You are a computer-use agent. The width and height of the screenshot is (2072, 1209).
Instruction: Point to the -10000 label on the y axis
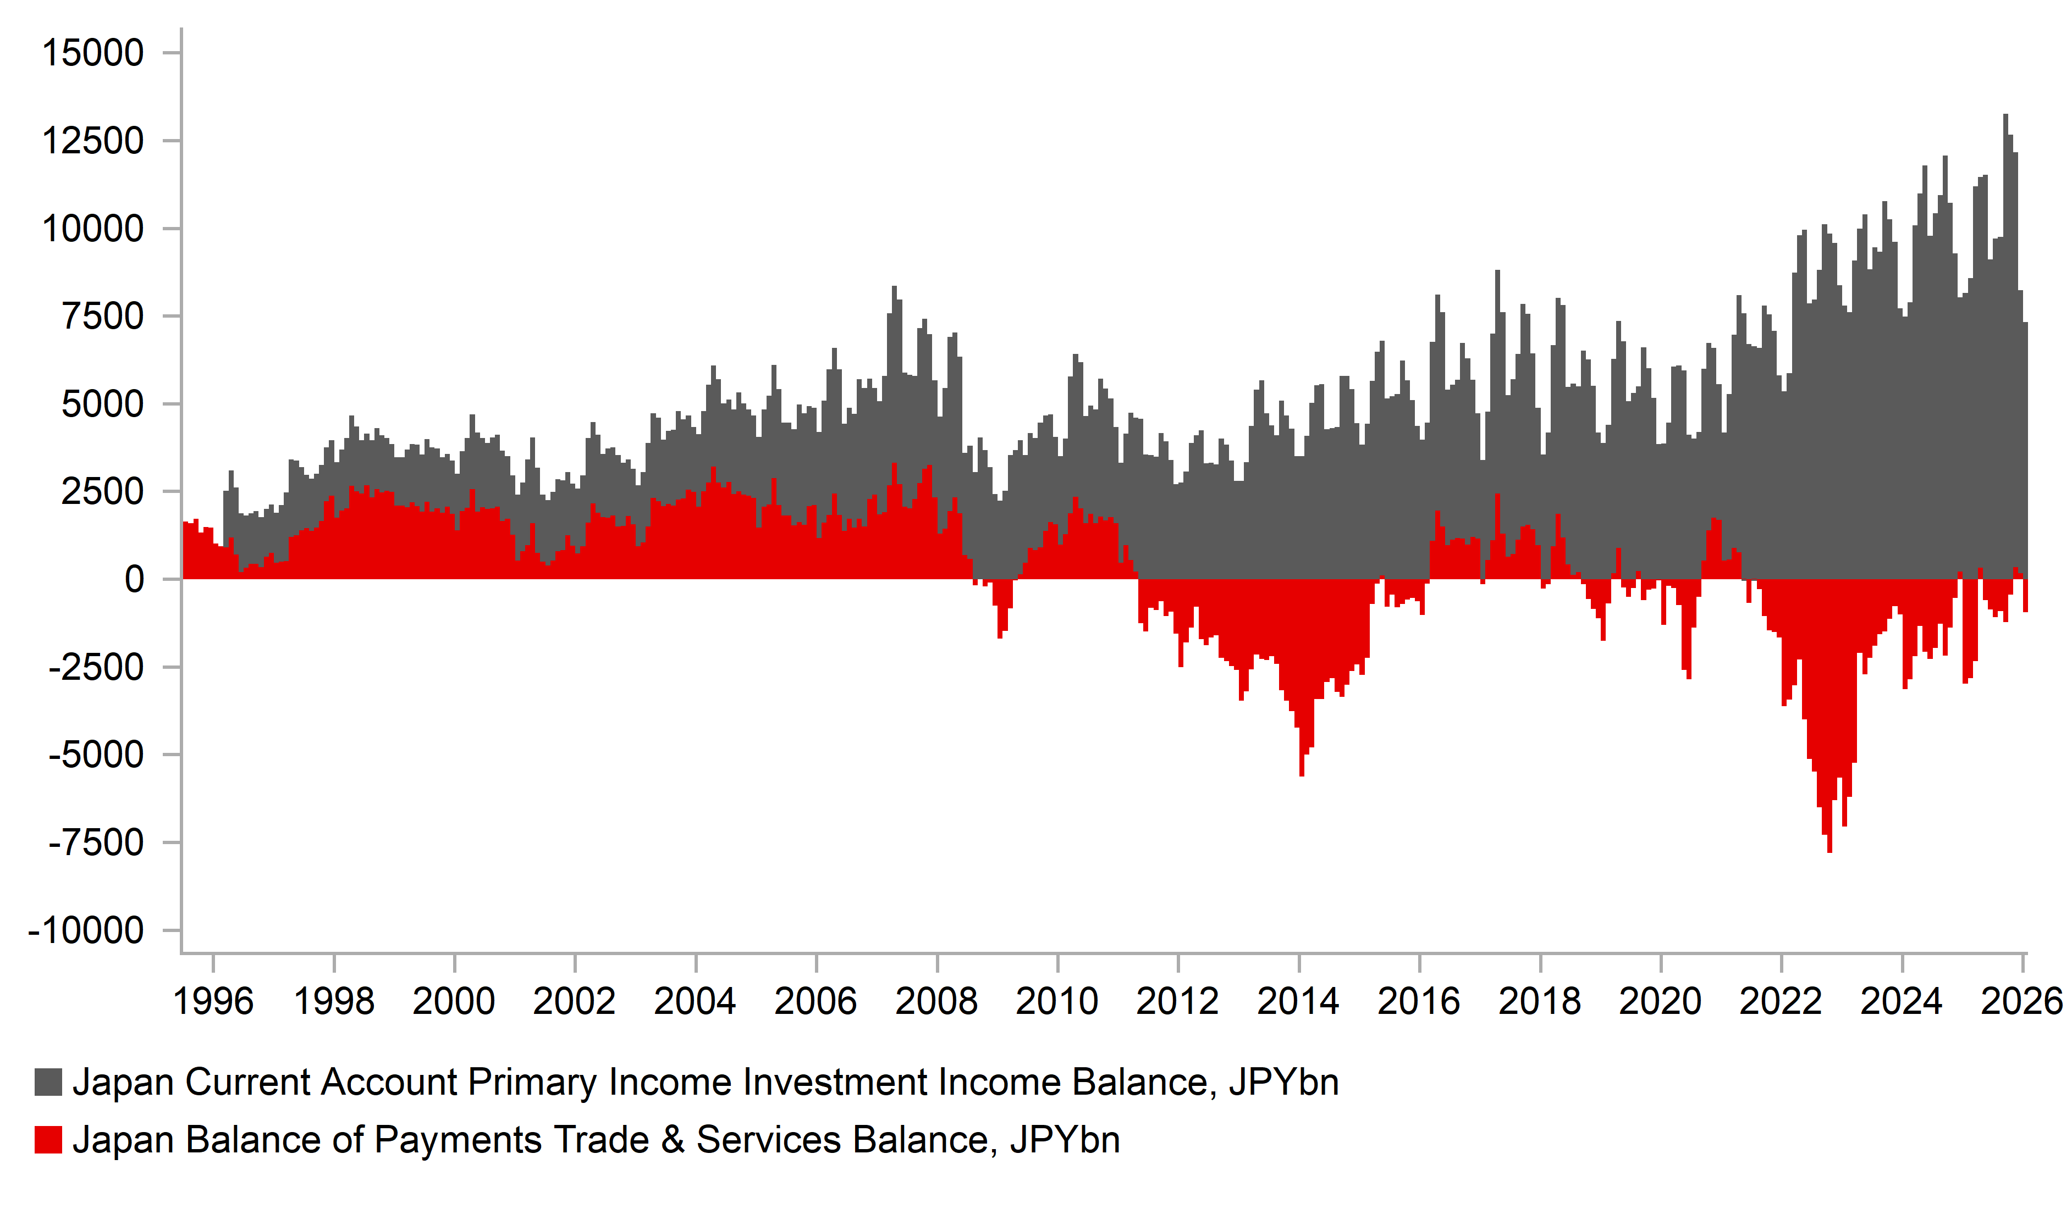86,931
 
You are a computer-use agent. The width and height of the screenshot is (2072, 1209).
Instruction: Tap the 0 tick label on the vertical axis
134,580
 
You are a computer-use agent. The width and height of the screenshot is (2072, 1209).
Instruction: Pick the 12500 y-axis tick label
92,141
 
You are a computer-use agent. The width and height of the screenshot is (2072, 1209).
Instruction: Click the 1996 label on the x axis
213,1002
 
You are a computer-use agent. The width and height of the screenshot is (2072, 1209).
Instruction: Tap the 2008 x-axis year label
936,1002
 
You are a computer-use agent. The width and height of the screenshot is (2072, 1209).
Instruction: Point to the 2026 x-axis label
2021,1002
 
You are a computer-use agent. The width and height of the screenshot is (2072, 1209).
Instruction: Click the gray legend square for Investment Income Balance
48,1083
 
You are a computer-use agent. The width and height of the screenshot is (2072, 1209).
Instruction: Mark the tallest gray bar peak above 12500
2005,117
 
